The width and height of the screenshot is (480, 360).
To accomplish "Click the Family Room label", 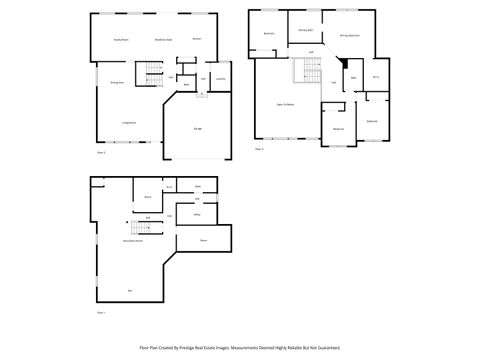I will point(119,39).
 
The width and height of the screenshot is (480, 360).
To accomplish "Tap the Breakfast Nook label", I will point(163,39).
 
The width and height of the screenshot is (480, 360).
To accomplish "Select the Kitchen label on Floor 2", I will point(197,39).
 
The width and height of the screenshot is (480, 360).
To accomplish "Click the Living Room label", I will point(129,122).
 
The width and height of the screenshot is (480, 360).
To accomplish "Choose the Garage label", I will point(198,126).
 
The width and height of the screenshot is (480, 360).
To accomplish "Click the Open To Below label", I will point(285,104).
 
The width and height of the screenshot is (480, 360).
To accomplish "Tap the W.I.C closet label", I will point(375,76).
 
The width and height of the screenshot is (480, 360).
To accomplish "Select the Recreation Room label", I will point(132,241).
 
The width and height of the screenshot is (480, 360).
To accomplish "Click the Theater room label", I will point(203,239).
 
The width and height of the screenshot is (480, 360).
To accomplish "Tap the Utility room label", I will point(198,213).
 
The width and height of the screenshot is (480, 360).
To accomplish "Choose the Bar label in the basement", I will point(130,290).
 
